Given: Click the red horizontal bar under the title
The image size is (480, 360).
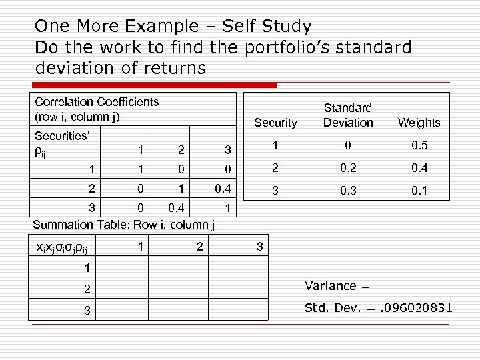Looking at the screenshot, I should coord(155,85).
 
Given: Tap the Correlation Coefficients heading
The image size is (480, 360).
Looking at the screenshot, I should coord(97,102).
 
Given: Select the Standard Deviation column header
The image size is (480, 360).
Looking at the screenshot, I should coord(347,115).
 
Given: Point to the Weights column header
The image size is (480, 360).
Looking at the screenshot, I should coord(419,123).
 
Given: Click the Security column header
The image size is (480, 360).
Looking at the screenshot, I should coord(275,123).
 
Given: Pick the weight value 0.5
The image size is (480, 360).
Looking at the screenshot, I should coord(419,145).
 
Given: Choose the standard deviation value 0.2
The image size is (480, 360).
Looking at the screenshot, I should coord(347,168).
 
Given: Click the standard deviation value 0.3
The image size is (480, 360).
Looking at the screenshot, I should coord(347,191).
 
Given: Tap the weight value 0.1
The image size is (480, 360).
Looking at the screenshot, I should coord(419,191).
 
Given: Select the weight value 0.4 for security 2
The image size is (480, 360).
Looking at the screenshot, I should coord(419,168).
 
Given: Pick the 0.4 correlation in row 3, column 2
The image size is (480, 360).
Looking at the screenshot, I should coord(177,209).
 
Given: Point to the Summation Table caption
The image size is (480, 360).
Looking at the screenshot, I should coord(123,225).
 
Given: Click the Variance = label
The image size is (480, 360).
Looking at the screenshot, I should coord(337,286).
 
